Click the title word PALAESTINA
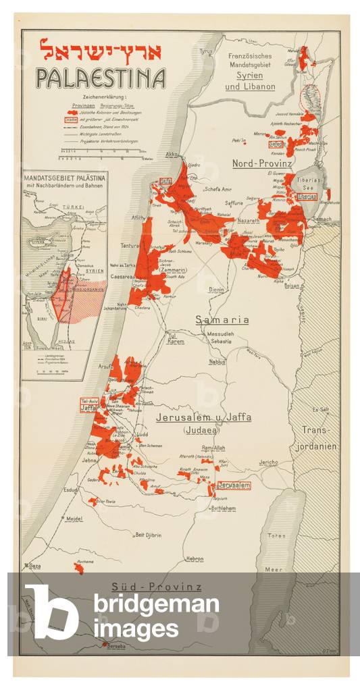click(101, 78)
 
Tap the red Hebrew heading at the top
click(101, 49)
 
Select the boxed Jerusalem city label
click(234, 485)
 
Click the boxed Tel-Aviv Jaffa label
click(88, 405)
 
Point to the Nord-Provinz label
click(261, 164)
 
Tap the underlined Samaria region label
click(222, 319)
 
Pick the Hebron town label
click(195, 558)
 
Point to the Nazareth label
click(248, 221)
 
